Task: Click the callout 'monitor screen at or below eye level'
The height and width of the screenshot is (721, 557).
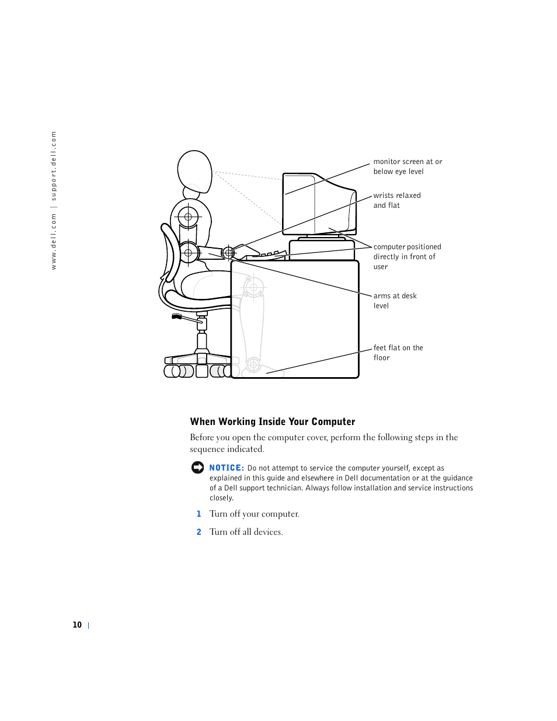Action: pyautogui.click(x=408, y=166)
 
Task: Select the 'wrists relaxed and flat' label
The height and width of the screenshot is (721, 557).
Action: pyautogui.click(x=396, y=200)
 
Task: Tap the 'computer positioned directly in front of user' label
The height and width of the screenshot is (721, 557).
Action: pyautogui.click(x=407, y=257)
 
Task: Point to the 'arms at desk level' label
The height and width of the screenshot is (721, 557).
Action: pyautogui.click(x=395, y=301)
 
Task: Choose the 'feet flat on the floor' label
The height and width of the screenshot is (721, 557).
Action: pyautogui.click(x=398, y=353)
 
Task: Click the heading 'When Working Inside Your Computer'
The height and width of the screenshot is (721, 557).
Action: pyautogui.click(x=273, y=422)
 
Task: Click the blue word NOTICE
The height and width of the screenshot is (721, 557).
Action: pyautogui.click(x=227, y=468)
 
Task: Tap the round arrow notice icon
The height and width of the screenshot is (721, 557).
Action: pyautogui.click(x=198, y=468)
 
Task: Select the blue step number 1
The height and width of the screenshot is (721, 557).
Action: pyautogui.click(x=199, y=514)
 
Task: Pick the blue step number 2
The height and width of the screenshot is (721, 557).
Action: pyautogui.click(x=199, y=532)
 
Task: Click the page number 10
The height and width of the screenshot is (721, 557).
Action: pyautogui.click(x=77, y=625)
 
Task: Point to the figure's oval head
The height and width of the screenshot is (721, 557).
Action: pyautogui.click(x=194, y=170)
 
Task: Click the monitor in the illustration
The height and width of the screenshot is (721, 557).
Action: pyautogui.click(x=318, y=204)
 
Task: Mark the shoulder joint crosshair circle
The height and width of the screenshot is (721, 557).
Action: pyautogui.click(x=188, y=217)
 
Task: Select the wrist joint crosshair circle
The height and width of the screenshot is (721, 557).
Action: pyautogui.click(x=228, y=253)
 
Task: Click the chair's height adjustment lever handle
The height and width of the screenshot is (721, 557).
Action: pyautogui.click(x=177, y=316)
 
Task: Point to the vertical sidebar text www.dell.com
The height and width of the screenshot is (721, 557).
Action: pyautogui.click(x=54, y=241)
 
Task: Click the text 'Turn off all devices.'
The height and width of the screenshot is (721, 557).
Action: pyautogui.click(x=246, y=532)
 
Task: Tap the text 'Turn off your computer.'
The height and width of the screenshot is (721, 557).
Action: pyautogui.click(x=254, y=514)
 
